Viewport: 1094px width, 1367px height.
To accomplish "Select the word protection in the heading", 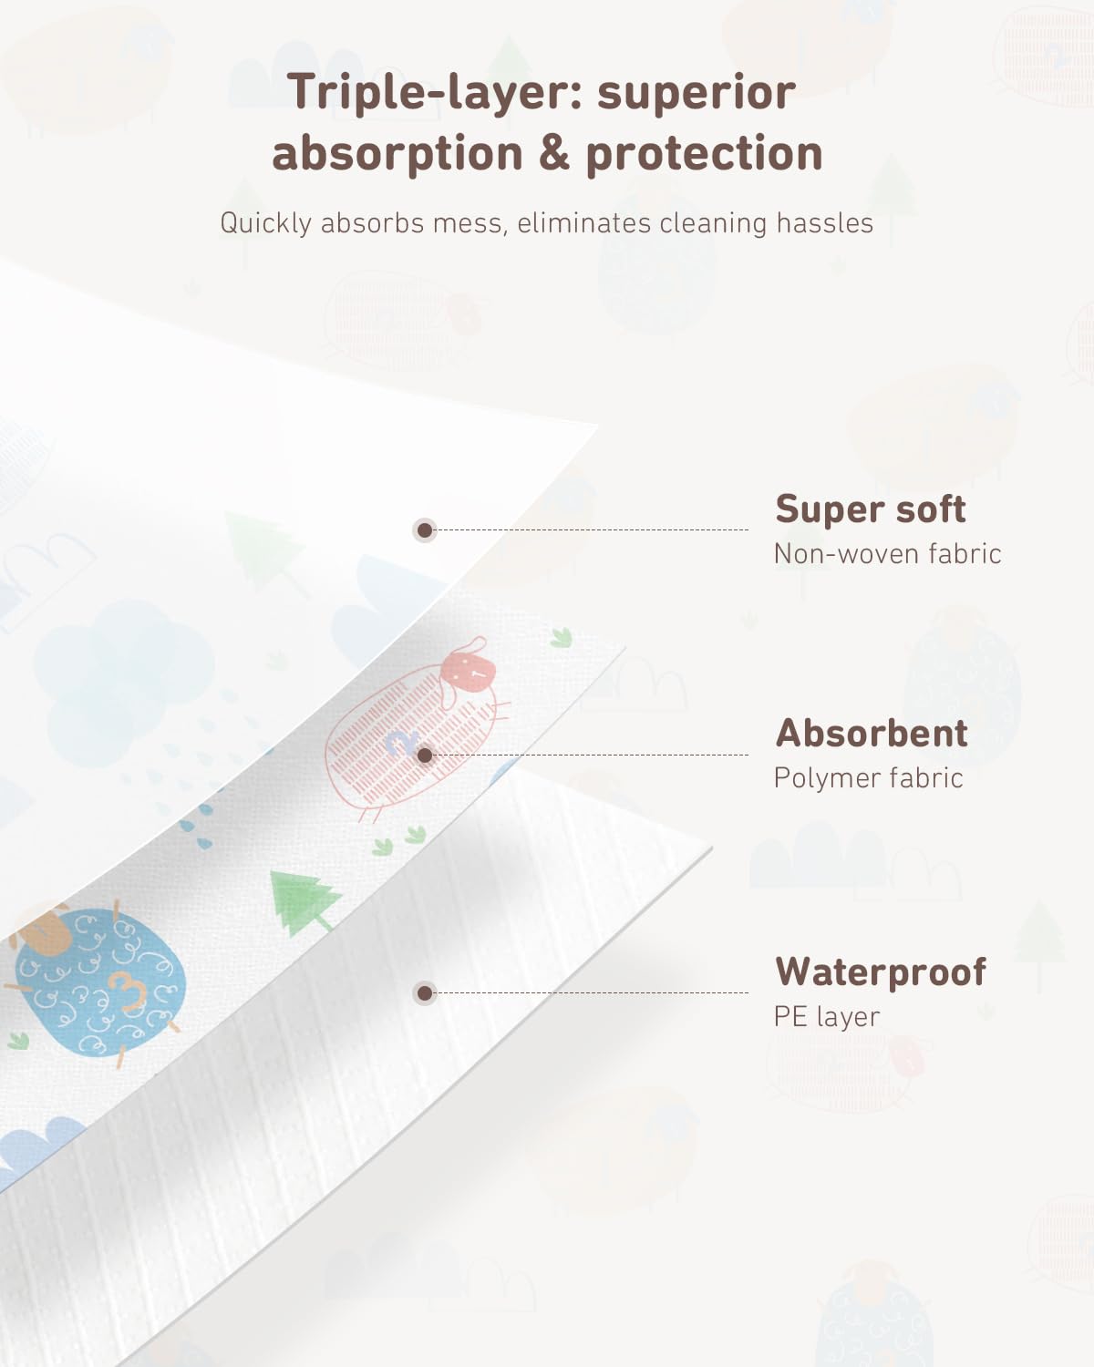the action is (705, 154).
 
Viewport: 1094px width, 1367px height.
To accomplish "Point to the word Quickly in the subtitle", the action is (265, 224).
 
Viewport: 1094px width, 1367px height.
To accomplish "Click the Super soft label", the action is (871, 509).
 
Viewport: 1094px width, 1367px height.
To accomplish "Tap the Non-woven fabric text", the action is (887, 554).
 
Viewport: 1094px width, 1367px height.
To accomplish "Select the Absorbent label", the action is (872, 734).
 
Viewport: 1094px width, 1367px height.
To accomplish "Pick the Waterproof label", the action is (881, 972).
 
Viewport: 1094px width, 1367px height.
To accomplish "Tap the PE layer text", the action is (826, 1017).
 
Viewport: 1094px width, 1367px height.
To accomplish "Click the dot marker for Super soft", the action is (425, 529).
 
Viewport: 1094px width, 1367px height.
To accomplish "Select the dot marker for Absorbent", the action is (425, 755).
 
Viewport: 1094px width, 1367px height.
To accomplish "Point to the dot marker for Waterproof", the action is (425, 992).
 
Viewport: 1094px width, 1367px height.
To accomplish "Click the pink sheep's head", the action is (468, 672).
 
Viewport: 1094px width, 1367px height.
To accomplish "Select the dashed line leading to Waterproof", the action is (591, 992).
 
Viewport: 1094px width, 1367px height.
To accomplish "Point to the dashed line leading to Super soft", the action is (591, 529).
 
